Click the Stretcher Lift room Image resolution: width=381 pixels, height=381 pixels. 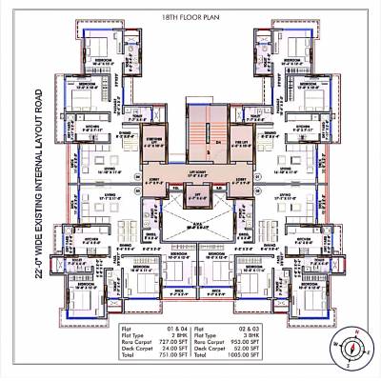point(151,144)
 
